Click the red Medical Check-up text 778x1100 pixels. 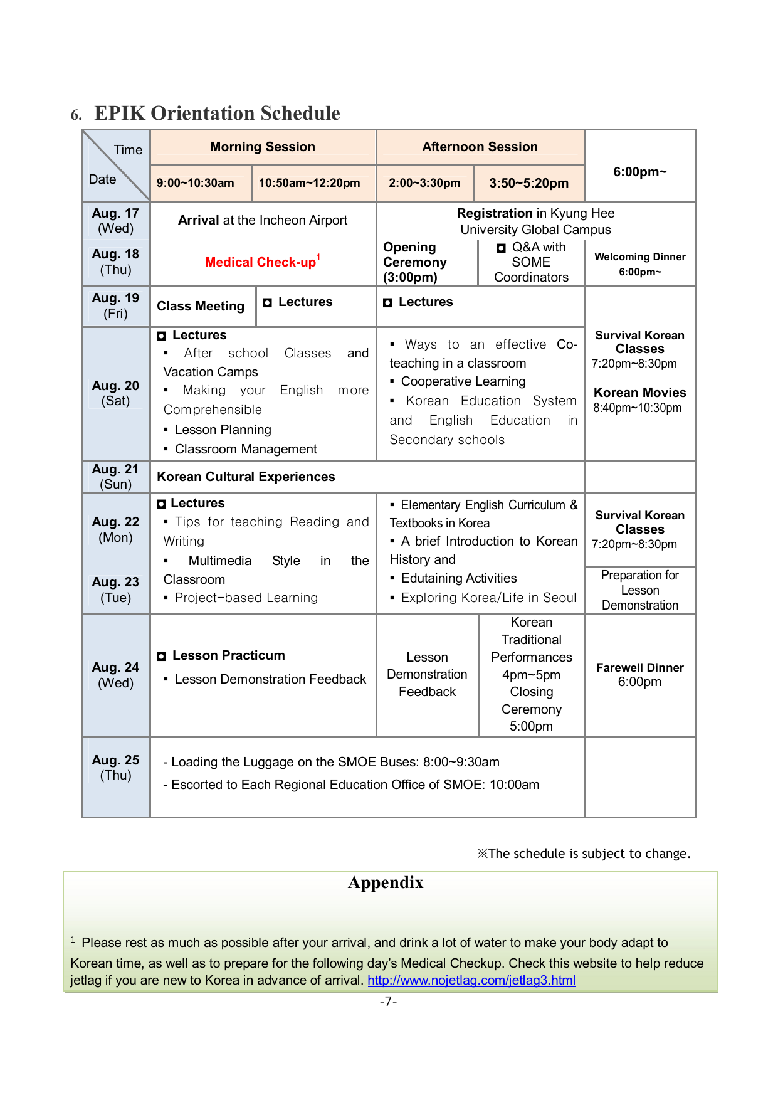point(261,262)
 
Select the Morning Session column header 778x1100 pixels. point(263,147)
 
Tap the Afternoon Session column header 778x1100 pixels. point(480,147)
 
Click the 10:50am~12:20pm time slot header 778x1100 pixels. point(309,183)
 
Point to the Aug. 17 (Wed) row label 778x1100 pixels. point(115,221)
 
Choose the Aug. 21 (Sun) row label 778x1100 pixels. point(115,477)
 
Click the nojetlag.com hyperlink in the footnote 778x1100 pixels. point(471,980)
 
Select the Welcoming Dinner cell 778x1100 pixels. point(639,264)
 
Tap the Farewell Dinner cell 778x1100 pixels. point(639,675)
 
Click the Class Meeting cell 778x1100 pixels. point(201,306)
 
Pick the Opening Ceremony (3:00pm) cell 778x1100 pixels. point(415,262)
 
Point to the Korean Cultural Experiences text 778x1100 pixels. point(246,477)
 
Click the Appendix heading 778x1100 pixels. point(386,882)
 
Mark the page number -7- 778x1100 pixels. point(388,1001)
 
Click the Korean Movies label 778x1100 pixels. point(639,393)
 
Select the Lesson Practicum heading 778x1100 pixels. point(228,655)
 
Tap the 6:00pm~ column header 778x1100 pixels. point(639,172)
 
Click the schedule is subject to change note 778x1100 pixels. point(584,854)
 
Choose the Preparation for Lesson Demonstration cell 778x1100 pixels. point(639,590)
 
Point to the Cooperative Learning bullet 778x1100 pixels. point(463,381)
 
